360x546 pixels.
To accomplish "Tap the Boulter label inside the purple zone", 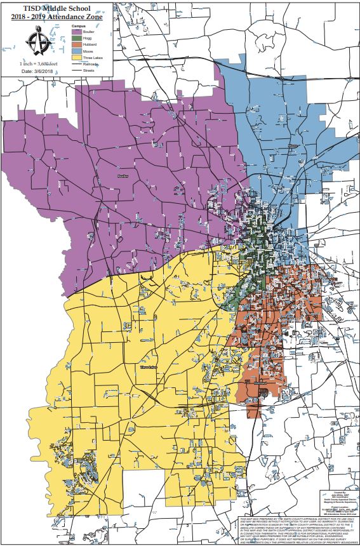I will tap(123, 176).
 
